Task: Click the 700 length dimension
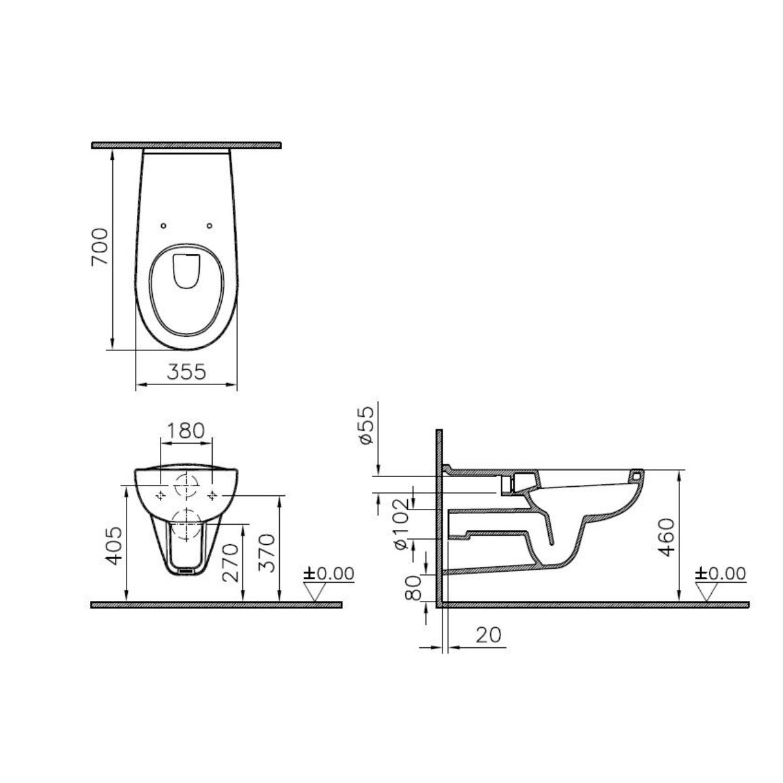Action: click(x=99, y=247)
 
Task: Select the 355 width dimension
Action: click(x=186, y=372)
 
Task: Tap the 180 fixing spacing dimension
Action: click(x=186, y=431)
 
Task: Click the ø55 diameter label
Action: click(x=366, y=424)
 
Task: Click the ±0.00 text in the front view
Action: click(x=329, y=574)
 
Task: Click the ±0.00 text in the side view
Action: click(x=720, y=574)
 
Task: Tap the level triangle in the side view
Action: click(x=709, y=591)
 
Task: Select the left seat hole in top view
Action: click(x=162, y=226)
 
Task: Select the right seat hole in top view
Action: click(x=209, y=226)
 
